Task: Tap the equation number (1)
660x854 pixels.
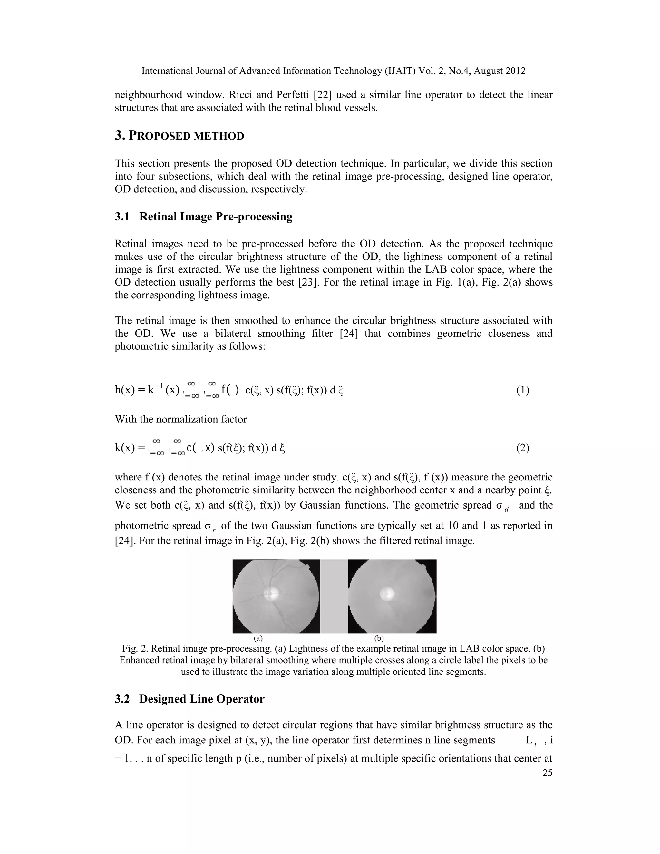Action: pyautogui.click(x=522, y=390)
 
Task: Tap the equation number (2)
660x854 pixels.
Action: pyautogui.click(x=522, y=448)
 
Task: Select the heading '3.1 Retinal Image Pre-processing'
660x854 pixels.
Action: pyautogui.click(x=203, y=216)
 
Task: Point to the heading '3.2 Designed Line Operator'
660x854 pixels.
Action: pyautogui.click(x=189, y=699)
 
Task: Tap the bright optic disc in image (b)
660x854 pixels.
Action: pyautogui.click(x=387, y=594)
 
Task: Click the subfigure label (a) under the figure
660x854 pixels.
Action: pyautogui.click(x=258, y=638)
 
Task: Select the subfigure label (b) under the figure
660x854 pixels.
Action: pyautogui.click(x=379, y=638)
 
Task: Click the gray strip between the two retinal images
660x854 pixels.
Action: pyautogui.click(x=334, y=596)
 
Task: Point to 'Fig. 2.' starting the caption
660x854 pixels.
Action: pyautogui.click(x=135, y=649)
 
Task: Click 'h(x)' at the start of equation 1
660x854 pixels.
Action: pyautogui.click(x=124, y=390)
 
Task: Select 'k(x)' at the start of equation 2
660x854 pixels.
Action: pyautogui.click(x=124, y=448)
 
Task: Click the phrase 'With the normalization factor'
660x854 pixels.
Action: pyautogui.click(x=181, y=419)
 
